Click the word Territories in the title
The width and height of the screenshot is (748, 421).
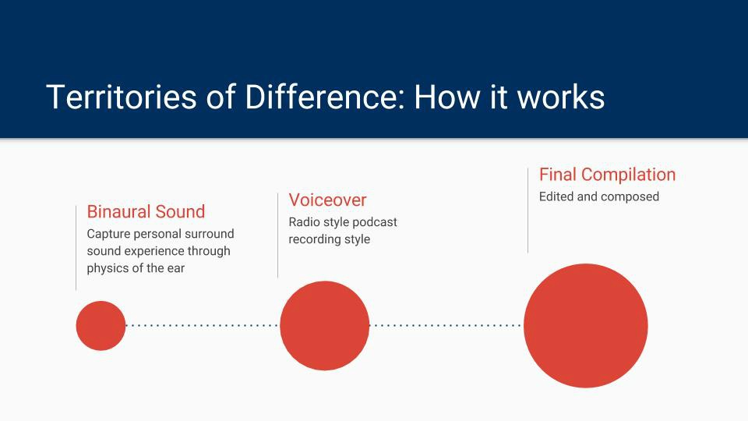(x=122, y=97)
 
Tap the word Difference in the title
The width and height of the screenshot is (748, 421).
(x=324, y=97)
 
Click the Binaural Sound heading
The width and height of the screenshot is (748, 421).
(x=146, y=211)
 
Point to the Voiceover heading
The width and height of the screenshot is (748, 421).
(x=328, y=200)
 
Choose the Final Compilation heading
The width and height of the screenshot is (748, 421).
(x=607, y=175)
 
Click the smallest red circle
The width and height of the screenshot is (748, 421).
(x=101, y=326)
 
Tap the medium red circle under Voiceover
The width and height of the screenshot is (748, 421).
(x=325, y=326)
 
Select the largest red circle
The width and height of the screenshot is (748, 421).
(x=586, y=326)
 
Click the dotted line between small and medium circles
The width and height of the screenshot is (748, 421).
(x=203, y=326)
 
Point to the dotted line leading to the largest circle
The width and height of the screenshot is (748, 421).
(x=446, y=326)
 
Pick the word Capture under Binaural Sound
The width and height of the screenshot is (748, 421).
(x=108, y=234)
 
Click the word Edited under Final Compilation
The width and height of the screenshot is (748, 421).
(x=556, y=196)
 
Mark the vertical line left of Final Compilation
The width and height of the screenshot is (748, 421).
(x=527, y=210)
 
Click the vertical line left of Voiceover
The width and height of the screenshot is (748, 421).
(x=277, y=235)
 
